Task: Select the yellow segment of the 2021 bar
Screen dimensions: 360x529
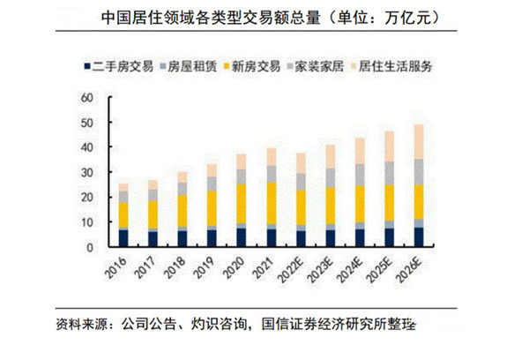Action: pyautogui.click(x=272, y=203)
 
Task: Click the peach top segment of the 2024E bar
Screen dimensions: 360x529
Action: pyautogui.click(x=360, y=151)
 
